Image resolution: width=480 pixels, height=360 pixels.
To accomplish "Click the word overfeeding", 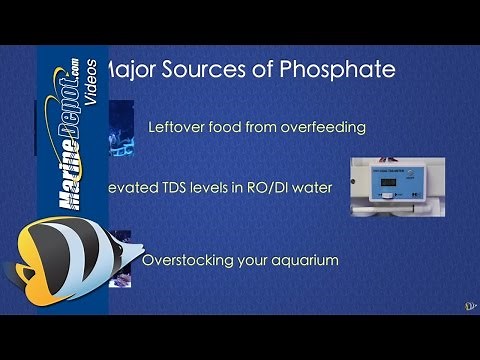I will click(x=300, y=127).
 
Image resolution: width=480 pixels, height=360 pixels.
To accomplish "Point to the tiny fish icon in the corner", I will click(x=469, y=303).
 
